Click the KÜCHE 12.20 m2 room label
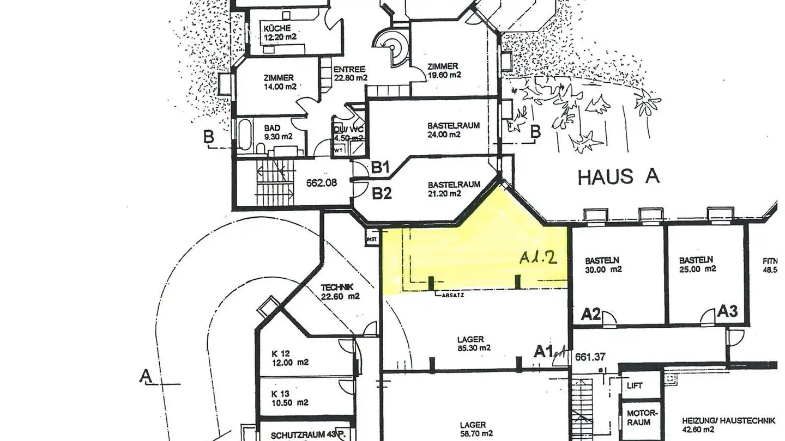(x=280, y=32)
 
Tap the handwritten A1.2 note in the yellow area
(x=538, y=258)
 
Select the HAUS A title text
(x=619, y=176)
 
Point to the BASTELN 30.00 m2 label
(x=603, y=265)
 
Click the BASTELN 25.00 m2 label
(x=698, y=265)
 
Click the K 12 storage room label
(x=290, y=357)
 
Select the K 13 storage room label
(x=290, y=398)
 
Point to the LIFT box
(x=635, y=385)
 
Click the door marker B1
(x=381, y=168)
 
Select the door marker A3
(x=727, y=311)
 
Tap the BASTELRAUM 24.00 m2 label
(x=454, y=130)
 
